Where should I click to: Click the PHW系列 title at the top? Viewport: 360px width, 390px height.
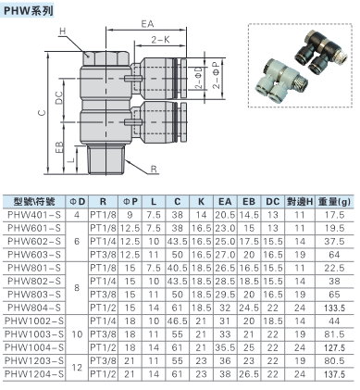click(28, 11)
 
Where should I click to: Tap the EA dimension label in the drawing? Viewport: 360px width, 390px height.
click(147, 24)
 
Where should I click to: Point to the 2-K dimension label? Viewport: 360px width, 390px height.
click(160, 40)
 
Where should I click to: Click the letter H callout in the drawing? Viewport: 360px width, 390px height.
click(63, 31)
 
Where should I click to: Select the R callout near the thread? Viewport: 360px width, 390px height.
click(154, 169)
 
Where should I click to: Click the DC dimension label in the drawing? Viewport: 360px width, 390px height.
click(59, 98)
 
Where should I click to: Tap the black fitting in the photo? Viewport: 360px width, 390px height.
click(320, 53)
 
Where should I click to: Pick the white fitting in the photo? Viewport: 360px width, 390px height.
click(278, 82)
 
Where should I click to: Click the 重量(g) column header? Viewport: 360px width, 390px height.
click(334, 202)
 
